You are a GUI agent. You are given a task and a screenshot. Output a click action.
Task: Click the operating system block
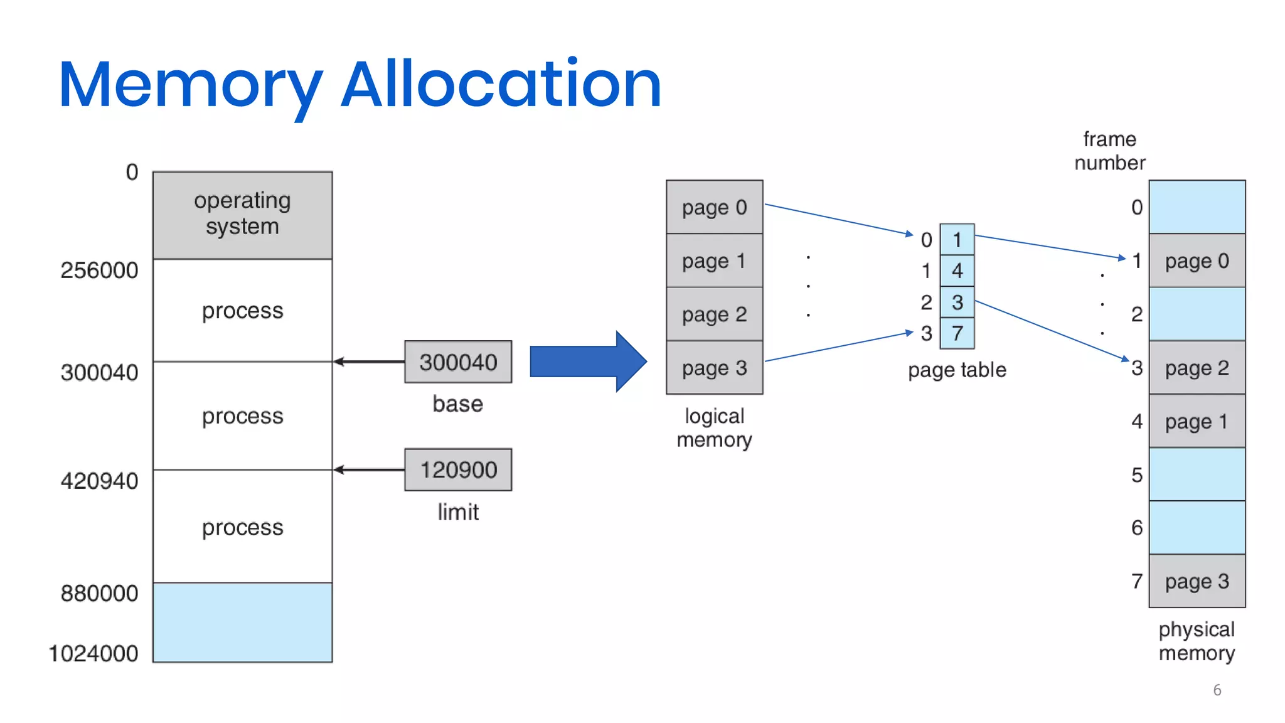pyautogui.click(x=242, y=215)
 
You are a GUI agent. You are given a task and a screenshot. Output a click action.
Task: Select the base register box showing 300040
pyautogui.click(x=458, y=362)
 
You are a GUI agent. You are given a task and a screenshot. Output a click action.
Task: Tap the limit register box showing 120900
pyautogui.click(x=458, y=469)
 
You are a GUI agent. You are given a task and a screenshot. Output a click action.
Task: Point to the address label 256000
pyautogui.click(x=99, y=270)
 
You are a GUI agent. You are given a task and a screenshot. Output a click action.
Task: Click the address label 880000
pyautogui.click(x=99, y=593)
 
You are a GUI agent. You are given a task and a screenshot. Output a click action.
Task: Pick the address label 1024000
pyautogui.click(x=93, y=653)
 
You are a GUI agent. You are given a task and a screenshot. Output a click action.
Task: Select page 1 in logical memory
pyautogui.click(x=714, y=260)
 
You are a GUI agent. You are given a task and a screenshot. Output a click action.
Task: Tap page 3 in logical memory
pyautogui.click(x=714, y=368)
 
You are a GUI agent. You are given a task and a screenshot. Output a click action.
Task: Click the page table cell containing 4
pyautogui.click(x=957, y=270)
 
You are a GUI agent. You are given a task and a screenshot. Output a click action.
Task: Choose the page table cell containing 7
pyautogui.click(x=957, y=333)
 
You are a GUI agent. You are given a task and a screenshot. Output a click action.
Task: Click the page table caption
pyautogui.click(x=957, y=370)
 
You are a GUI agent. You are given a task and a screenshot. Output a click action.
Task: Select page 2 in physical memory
pyautogui.click(x=1197, y=368)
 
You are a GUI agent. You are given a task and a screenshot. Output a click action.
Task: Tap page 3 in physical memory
pyautogui.click(x=1197, y=581)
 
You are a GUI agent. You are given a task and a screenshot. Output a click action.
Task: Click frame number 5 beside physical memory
pyautogui.click(x=1136, y=474)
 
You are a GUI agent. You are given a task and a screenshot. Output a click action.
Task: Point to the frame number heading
pyautogui.click(x=1109, y=151)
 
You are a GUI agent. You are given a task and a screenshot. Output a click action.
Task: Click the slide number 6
pyautogui.click(x=1217, y=690)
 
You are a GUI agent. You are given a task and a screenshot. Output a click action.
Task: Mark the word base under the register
pyautogui.click(x=457, y=404)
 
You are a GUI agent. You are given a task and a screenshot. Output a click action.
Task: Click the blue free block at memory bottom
pyautogui.click(x=242, y=622)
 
